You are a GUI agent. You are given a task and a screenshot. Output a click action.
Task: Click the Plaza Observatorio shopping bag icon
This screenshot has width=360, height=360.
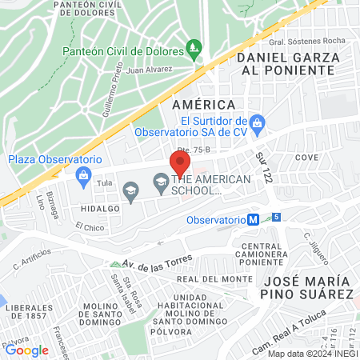tap(82, 174)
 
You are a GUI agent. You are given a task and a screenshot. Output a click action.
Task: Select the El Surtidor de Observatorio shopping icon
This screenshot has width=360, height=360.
tap(257, 122)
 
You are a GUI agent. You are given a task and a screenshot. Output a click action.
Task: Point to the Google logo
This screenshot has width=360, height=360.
tap(26, 350)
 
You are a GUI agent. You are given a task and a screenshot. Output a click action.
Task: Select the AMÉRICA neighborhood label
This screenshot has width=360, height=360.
tap(204, 105)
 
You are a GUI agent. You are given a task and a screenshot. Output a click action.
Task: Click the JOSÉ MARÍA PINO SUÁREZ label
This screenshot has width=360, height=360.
tap(306, 287)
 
